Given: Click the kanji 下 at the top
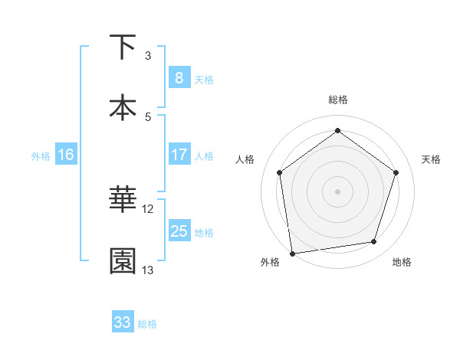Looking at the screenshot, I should coord(123,47).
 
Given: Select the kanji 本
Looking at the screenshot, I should coord(123,107).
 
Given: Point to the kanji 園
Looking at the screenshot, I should coord(123,260).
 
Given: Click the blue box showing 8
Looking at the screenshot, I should coord(179,78).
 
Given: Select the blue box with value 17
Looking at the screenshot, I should coord(179,155).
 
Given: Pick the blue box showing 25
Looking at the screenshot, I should coord(179,231).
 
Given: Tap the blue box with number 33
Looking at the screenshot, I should coord(123,322).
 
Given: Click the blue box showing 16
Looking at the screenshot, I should coord(66,155).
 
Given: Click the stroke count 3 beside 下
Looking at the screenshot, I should coord(148,56).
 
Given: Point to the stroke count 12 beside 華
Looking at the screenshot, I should coord(148,208).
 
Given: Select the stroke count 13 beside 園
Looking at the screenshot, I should coord(148,270).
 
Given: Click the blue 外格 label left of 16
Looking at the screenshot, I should coord(41,155).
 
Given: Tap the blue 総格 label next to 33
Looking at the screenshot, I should coord(147,324).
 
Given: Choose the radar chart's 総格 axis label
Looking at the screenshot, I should coord(338,100).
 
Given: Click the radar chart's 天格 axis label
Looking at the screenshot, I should coord(431,159).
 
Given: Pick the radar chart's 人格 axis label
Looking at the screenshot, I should coord(245,159).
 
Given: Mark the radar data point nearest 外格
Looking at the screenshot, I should coord(292,252).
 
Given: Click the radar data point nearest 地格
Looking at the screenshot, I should coord(374,242).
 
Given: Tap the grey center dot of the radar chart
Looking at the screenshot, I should coord(338,191).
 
